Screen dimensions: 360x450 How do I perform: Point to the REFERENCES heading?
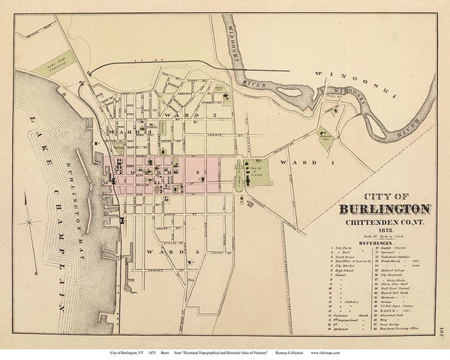coord(356,244)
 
